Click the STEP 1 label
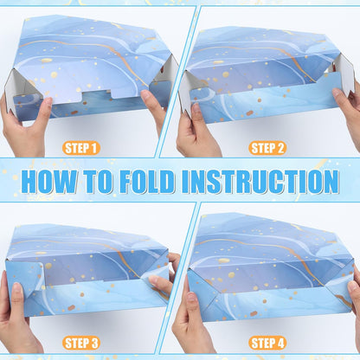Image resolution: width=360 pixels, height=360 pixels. [x=80, y=148]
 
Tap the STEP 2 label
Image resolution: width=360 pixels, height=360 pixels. [x=267, y=148]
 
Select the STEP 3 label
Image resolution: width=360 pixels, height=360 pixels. [x=81, y=343]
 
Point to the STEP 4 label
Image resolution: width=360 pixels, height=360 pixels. [x=267, y=343]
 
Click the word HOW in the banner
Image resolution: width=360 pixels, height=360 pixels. [x=49, y=182]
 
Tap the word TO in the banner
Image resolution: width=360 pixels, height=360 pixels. [x=98, y=182]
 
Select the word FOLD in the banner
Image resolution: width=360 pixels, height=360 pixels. [x=147, y=182]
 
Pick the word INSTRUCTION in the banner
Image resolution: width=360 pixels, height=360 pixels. [x=260, y=182]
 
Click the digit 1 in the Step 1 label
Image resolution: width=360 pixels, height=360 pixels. [x=93, y=148]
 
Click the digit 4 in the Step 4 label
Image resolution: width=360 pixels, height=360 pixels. [x=280, y=344]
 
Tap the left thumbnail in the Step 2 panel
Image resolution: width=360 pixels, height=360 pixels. [x=196, y=108]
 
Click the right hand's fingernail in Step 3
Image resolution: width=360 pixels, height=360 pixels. [x=153, y=280]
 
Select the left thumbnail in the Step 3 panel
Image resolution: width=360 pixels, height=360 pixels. [x=16, y=288]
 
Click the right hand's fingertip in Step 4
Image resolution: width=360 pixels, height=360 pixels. [x=352, y=286]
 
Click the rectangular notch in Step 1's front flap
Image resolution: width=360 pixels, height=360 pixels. [x=96, y=94]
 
